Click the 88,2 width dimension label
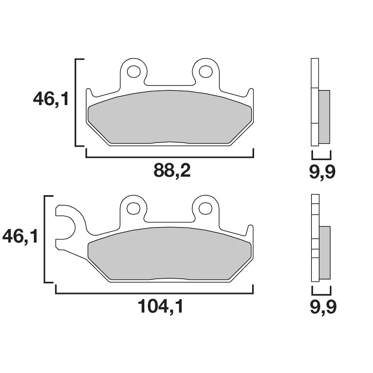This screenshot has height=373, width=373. [172, 171]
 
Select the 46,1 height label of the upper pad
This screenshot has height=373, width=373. [50, 99]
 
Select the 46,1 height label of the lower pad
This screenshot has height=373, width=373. [20, 236]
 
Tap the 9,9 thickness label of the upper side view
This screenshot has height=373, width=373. [322, 172]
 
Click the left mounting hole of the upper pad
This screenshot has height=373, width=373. [134, 71]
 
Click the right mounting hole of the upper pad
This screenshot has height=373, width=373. [206, 71]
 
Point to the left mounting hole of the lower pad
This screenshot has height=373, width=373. [134, 208]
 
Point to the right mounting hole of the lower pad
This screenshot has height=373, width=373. [206, 208]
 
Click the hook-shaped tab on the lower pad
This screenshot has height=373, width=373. [71, 227]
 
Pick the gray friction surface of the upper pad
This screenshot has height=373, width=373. [169, 117]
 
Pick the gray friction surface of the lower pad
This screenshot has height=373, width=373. [169, 254]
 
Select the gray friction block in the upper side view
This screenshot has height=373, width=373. [324, 117]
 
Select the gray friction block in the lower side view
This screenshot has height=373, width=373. [324, 253]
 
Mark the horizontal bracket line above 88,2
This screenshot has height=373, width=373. [169, 157]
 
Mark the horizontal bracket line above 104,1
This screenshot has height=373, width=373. [154, 293]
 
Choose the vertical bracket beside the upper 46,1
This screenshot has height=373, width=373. [75, 103]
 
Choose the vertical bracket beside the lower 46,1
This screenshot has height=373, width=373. [45, 239]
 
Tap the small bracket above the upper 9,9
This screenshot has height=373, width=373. [321, 158]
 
